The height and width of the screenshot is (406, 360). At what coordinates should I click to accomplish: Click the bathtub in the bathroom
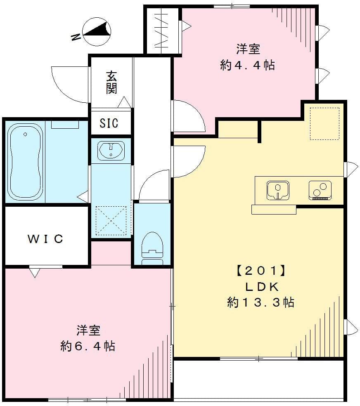[25, 161]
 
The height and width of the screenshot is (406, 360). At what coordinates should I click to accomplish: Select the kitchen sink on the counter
[278, 190]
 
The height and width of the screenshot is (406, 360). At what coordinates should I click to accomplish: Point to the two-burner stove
[320, 190]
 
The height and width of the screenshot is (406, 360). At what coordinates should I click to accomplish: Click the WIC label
[45, 238]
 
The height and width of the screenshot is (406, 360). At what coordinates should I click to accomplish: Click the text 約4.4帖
[248, 65]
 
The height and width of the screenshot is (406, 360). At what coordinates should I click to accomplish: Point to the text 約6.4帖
[88, 346]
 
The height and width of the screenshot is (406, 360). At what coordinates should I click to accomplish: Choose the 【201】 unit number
[260, 271]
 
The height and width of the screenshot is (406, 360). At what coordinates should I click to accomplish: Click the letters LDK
[260, 287]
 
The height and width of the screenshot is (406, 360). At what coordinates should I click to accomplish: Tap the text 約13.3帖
[261, 302]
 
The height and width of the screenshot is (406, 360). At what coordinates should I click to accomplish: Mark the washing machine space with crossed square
[111, 220]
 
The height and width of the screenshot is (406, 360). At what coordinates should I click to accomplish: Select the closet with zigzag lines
[163, 31]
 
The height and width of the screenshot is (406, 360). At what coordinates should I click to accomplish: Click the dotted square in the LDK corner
[324, 123]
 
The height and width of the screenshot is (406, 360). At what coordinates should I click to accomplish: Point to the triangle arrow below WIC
[34, 272]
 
